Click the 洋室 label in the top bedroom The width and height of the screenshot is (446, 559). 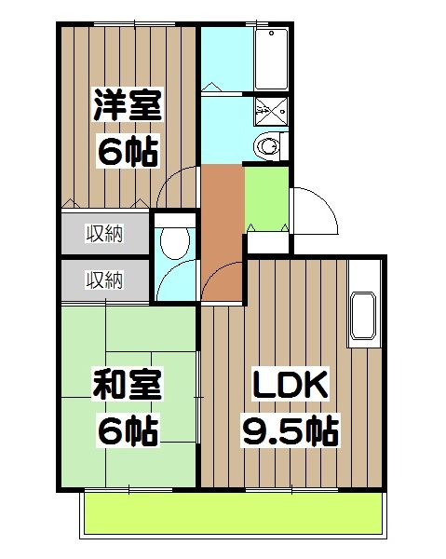pyautogui.click(x=127, y=104)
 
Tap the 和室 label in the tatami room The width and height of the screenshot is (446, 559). pyautogui.click(x=127, y=384)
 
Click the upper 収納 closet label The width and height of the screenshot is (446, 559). pyautogui.click(x=104, y=233)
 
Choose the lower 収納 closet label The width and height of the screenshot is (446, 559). pyautogui.click(x=104, y=279)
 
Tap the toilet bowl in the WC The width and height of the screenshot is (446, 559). pyautogui.click(x=174, y=242)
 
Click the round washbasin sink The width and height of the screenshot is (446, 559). pyautogui.click(x=269, y=146)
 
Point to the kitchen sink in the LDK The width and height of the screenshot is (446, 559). pyautogui.click(x=361, y=318)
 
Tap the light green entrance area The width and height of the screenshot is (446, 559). pyautogui.click(x=266, y=198)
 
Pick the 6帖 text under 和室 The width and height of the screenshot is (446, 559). pyautogui.click(x=127, y=430)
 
